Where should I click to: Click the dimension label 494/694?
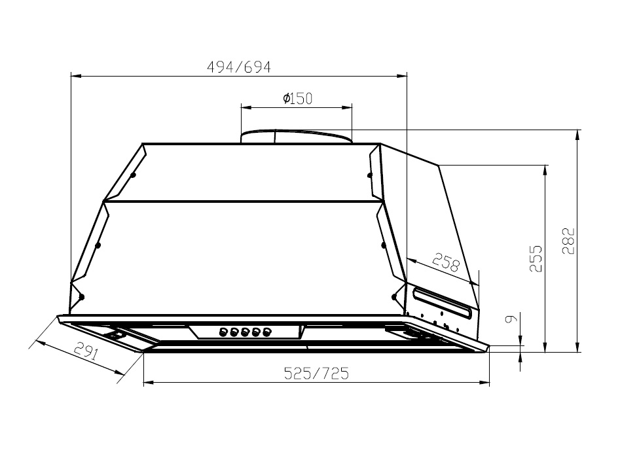click(x=238, y=67)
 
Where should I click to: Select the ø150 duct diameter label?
click(x=297, y=98)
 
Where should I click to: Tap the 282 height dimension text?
click(x=568, y=241)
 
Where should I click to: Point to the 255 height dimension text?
click(x=536, y=259)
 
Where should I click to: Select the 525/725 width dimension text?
click(x=316, y=373)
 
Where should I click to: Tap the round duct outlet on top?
click(x=296, y=136)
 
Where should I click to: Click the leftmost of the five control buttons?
click(x=223, y=332)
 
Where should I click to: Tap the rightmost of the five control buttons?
click(x=266, y=332)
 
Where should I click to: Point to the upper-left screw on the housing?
click(x=133, y=175)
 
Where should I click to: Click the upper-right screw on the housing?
click(x=369, y=175)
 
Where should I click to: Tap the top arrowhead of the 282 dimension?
click(x=577, y=134)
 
